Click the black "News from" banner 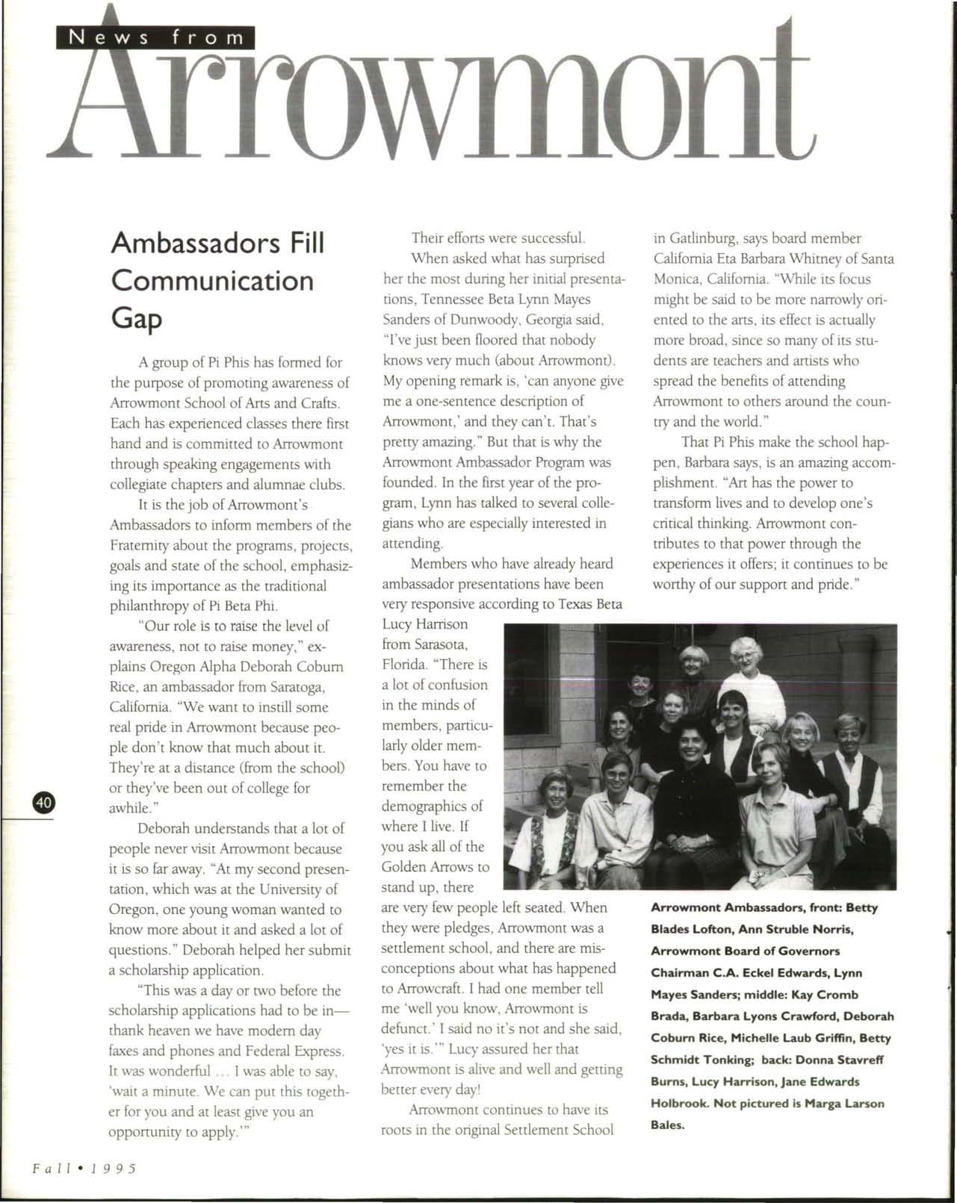pos(155,37)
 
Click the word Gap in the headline pos(136,319)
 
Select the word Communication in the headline pos(212,281)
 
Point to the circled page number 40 pos(43,803)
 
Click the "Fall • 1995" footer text pos(84,1167)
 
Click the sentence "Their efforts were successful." pos(498,239)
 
